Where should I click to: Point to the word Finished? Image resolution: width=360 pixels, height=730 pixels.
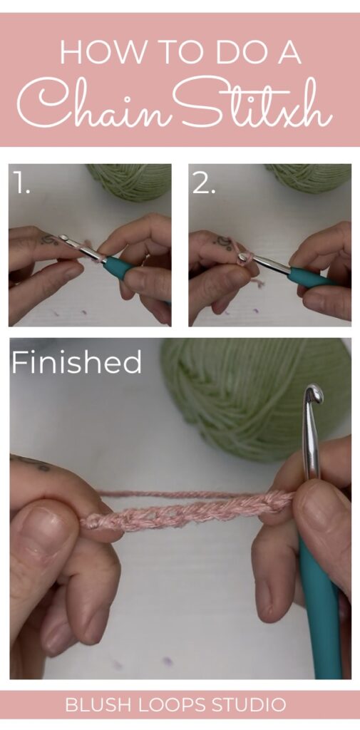point(76,363)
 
